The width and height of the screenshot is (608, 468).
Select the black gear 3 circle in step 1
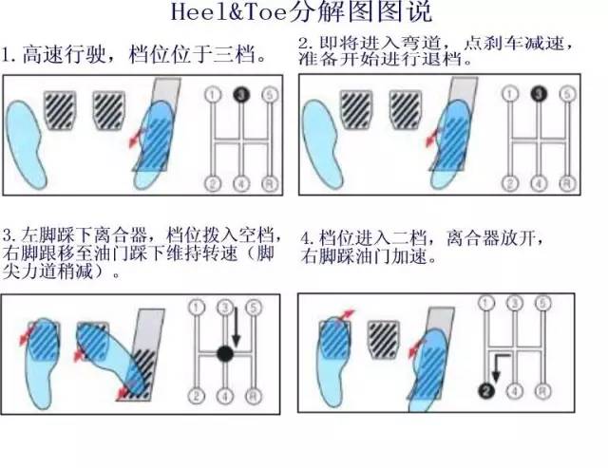(x=241, y=95)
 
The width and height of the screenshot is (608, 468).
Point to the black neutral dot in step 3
(x=224, y=353)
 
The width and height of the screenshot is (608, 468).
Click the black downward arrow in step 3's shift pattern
(x=236, y=328)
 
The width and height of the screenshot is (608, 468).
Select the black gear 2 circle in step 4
(x=486, y=389)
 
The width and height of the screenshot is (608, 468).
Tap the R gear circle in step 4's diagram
(x=541, y=389)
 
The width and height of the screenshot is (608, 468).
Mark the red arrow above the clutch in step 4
(x=348, y=314)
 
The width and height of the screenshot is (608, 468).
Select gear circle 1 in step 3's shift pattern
(x=197, y=307)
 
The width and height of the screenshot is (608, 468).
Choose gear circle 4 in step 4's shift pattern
(x=514, y=389)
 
